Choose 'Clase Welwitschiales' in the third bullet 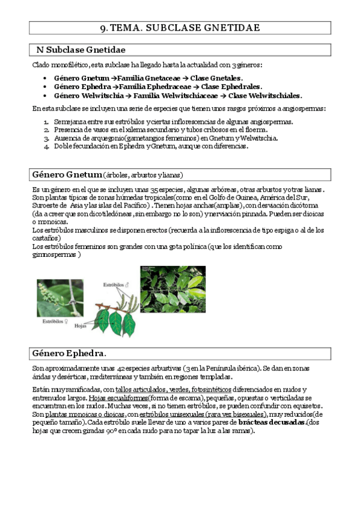pos(265,95)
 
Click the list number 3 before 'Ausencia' pos(46,138)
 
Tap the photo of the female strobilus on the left pos(60,298)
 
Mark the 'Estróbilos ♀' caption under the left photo pos(57,322)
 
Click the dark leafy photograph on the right pos(172,289)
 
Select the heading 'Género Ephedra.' pos(69,352)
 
